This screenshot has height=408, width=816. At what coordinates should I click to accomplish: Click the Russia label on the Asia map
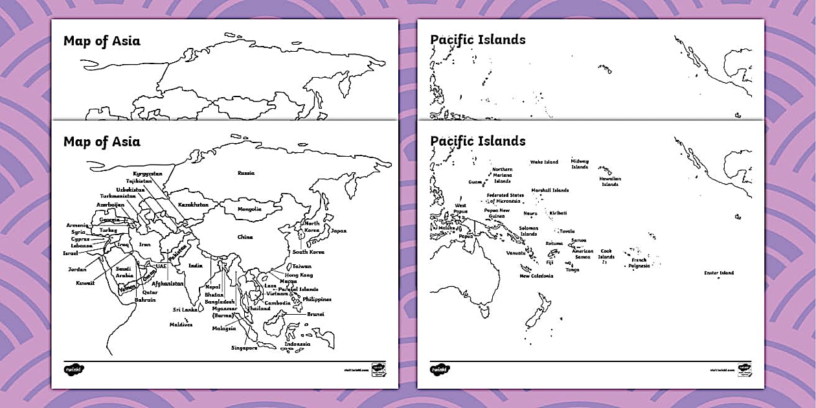245,173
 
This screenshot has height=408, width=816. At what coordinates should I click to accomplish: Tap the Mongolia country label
249,209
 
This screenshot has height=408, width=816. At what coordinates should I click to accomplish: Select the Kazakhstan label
193,204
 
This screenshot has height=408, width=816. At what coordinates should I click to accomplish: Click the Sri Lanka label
185,310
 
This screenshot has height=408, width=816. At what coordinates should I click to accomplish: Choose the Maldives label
181,324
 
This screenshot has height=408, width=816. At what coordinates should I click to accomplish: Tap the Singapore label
244,348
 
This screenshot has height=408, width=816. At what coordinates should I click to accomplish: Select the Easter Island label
719,273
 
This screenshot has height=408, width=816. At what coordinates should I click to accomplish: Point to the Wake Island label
544,162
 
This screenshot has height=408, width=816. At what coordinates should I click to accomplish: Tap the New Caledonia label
536,276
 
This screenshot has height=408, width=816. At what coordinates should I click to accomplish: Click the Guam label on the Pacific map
475,182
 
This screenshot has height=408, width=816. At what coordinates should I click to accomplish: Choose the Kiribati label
558,212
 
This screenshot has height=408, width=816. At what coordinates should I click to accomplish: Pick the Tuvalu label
567,231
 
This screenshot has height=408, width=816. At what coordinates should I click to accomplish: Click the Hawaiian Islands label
609,181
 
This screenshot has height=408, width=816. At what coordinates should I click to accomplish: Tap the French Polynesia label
639,263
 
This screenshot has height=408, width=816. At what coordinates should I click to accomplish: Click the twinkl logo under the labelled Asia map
74,369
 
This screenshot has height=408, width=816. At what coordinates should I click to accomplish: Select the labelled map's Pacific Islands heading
477,141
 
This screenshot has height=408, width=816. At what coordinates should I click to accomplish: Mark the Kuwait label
85,283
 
